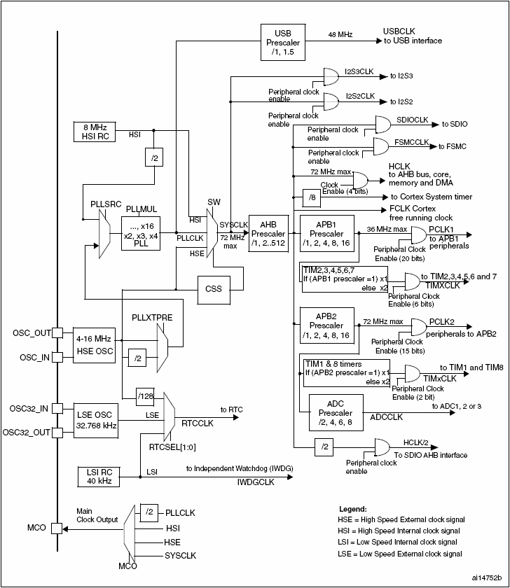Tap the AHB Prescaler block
click(x=268, y=233)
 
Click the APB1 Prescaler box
click(x=326, y=233)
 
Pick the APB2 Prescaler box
click(x=326, y=325)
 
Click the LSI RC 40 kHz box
click(x=97, y=475)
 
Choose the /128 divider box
click(x=146, y=397)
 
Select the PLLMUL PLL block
click(x=142, y=231)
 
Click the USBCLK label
click(x=400, y=31)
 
